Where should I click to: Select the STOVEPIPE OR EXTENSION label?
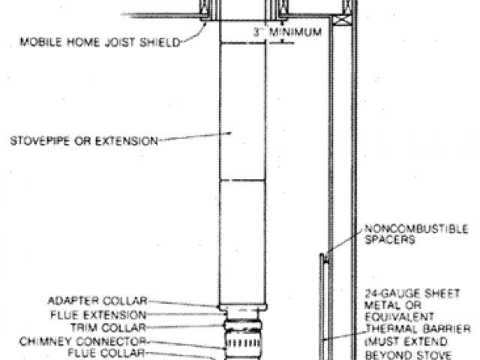pyautogui.click(x=83, y=139)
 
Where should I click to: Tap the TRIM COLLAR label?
pyautogui.click(x=118, y=327)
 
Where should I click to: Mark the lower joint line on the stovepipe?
pyautogui.click(x=241, y=179)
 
